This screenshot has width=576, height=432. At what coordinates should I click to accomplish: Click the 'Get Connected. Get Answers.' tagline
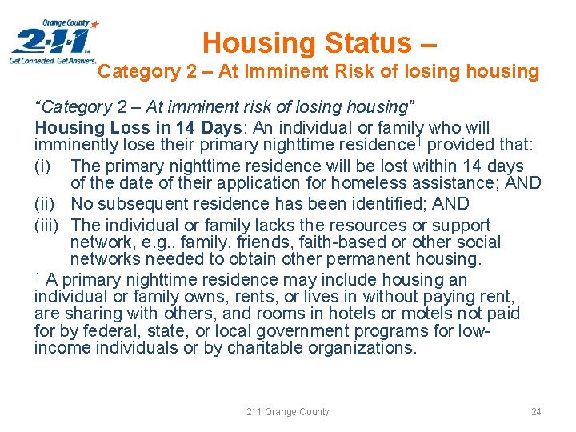click(x=53, y=60)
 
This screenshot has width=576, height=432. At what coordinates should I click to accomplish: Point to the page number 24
click(x=536, y=412)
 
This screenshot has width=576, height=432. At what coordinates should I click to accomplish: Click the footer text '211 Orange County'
click(x=287, y=412)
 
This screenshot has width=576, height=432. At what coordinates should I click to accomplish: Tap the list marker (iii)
click(x=47, y=226)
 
